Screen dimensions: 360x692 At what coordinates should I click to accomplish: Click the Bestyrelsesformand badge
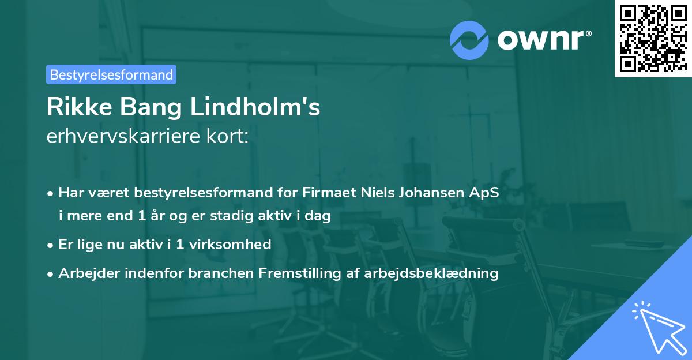[x=111, y=74]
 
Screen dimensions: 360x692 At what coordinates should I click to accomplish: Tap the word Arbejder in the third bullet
[x=84, y=273]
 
